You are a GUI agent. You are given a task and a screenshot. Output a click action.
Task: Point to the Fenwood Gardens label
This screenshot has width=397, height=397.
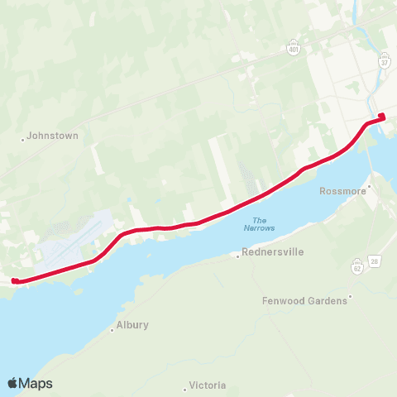[304, 300]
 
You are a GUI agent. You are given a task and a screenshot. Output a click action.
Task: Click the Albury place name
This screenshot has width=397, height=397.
[132, 325]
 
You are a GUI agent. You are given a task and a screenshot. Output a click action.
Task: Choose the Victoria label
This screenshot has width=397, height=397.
[208, 385]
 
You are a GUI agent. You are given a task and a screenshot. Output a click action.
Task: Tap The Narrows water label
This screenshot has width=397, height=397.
[260, 224]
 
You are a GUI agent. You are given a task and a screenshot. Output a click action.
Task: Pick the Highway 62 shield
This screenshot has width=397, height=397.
[357, 267]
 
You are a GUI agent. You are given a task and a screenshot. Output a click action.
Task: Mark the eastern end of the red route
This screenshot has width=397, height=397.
[381, 117]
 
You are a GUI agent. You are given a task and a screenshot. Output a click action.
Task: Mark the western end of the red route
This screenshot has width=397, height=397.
[14, 280]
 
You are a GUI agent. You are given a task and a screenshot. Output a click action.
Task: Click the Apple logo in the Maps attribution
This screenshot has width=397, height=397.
[13, 383]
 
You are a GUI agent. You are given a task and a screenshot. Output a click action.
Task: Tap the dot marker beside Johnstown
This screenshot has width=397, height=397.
[23, 139]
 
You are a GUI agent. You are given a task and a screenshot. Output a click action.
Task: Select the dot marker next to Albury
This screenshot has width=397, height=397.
[112, 329]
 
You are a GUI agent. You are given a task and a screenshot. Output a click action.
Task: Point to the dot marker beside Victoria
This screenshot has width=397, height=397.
[185, 388]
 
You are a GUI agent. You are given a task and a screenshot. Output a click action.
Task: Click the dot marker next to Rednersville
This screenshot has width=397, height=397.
[238, 256]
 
